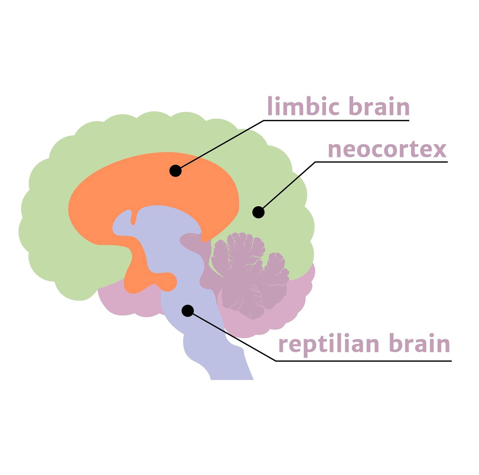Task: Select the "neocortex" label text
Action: pos(387,149)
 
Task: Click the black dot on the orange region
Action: pos(176,171)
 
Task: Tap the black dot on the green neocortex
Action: pos(259,212)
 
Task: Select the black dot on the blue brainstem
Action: pos(188,311)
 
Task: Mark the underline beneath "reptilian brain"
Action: pos(364,361)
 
